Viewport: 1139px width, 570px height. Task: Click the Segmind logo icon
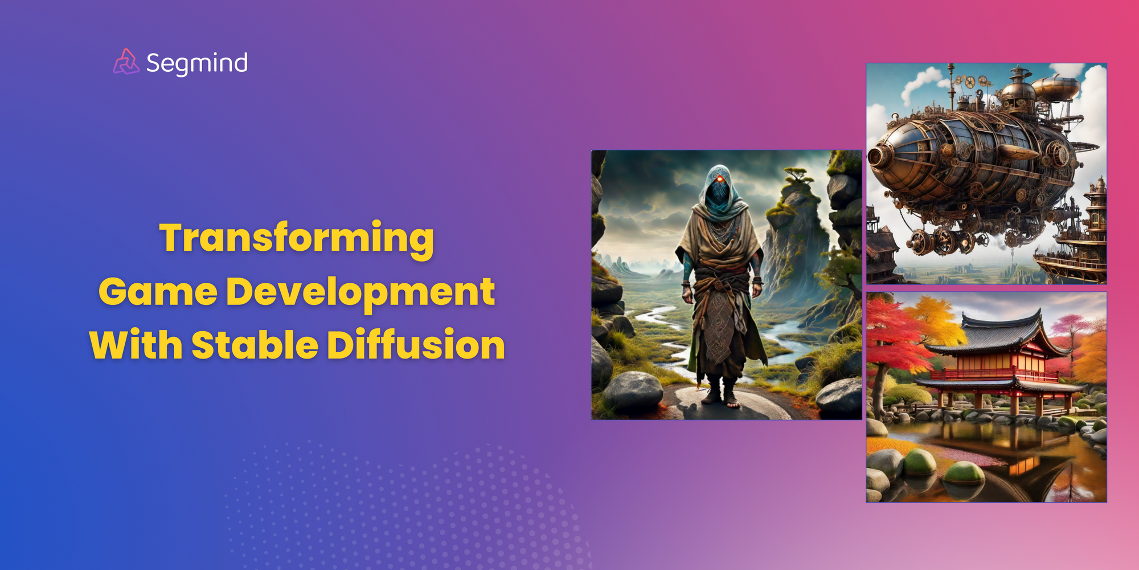coord(126,62)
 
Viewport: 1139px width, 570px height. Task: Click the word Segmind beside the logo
coord(196,63)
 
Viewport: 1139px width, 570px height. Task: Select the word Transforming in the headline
coord(297,238)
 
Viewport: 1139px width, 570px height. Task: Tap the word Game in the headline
coord(158,292)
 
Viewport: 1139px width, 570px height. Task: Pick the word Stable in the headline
coord(255,345)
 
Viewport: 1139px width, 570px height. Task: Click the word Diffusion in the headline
coord(416,345)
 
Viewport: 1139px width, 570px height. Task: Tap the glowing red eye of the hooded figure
coord(720,180)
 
